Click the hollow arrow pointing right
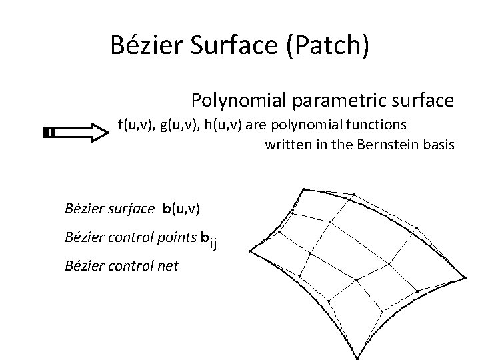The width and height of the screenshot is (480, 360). point(75,133)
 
